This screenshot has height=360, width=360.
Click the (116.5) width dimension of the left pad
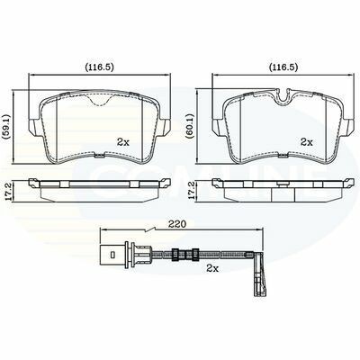[99, 67]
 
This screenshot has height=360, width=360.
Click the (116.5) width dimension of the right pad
[283, 67]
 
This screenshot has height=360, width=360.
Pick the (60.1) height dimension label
[191, 127]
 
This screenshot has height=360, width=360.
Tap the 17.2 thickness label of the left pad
[8, 191]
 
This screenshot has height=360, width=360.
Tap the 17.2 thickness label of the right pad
[191, 191]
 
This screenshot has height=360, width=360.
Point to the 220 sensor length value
[177, 224]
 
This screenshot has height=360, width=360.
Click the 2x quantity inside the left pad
[123, 142]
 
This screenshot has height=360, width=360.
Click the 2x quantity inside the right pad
[307, 142]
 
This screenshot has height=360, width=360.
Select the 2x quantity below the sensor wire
[212, 268]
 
